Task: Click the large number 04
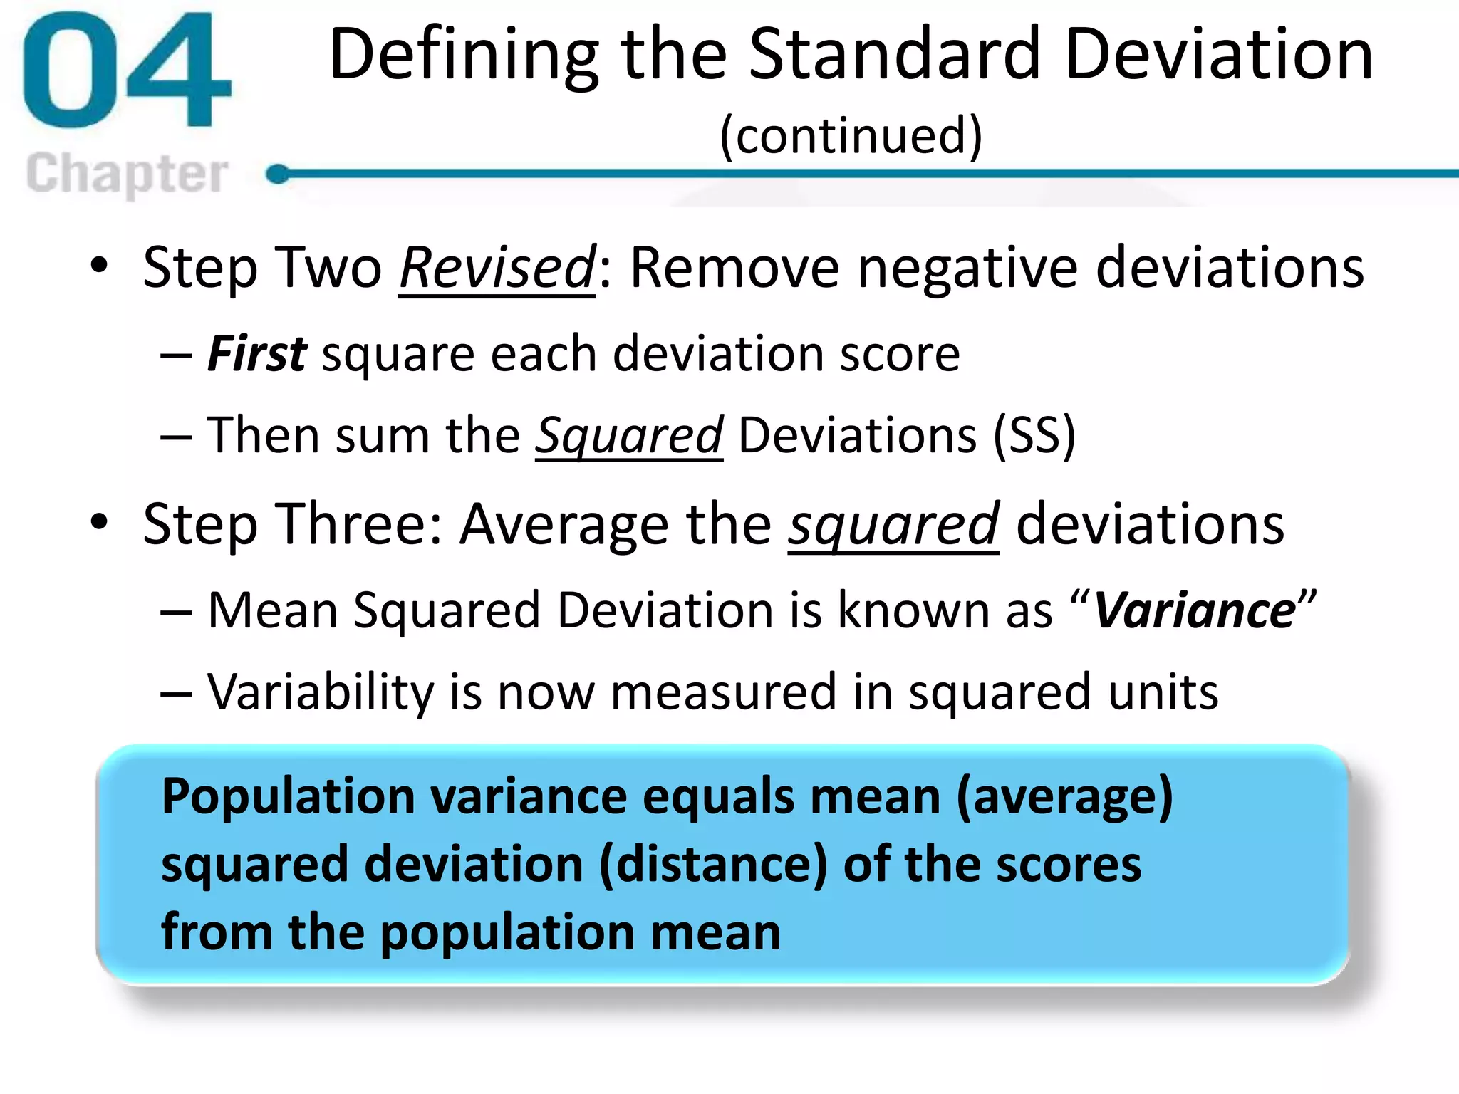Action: click(127, 71)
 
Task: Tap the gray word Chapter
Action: click(127, 173)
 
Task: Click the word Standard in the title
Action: click(894, 54)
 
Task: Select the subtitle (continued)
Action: click(851, 135)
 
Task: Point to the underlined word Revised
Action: click(497, 268)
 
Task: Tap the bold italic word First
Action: click(257, 354)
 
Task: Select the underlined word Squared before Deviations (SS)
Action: click(629, 435)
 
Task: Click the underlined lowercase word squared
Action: click(893, 524)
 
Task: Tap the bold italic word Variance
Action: click(1194, 611)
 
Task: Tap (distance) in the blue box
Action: click(713, 865)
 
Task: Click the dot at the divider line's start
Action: click(278, 173)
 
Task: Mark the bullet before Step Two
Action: click(100, 266)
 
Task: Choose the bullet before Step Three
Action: click(100, 522)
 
